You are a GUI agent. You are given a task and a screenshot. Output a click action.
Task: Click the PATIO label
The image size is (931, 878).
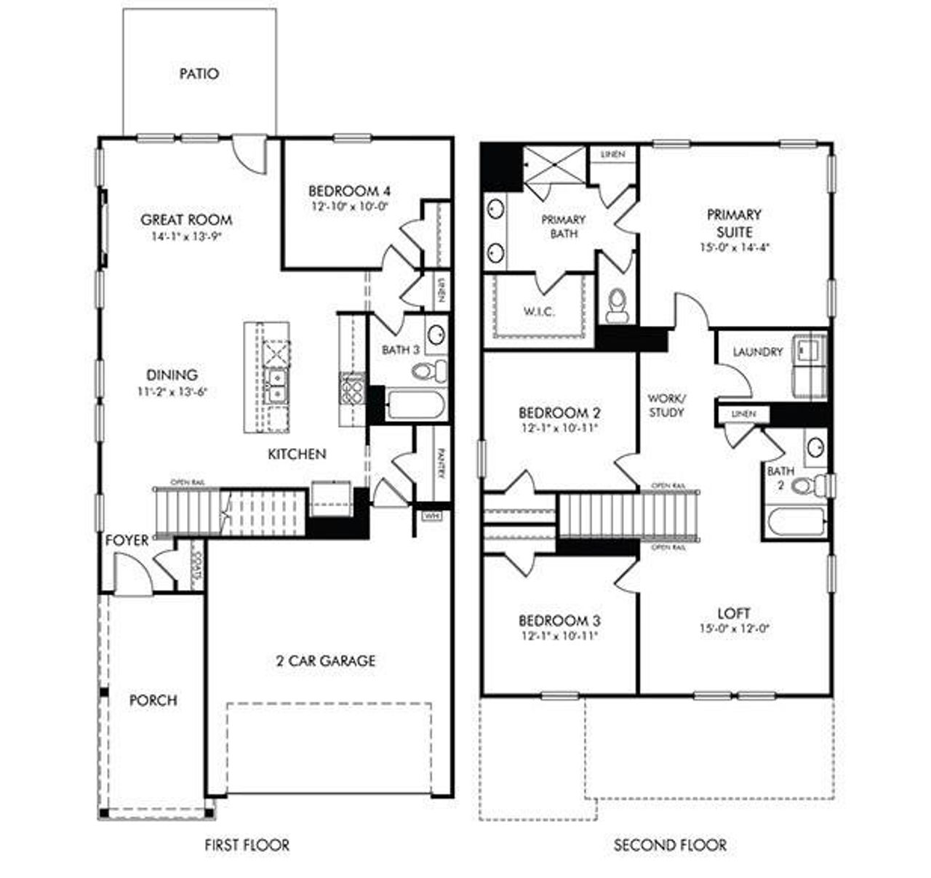click(x=199, y=73)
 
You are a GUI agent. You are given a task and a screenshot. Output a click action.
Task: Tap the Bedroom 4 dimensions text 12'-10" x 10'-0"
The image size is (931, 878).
click(x=349, y=206)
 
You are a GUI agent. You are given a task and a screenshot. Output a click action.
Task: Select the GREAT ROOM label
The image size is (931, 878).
click(x=186, y=220)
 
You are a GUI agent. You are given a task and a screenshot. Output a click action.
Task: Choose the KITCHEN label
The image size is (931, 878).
click(x=297, y=454)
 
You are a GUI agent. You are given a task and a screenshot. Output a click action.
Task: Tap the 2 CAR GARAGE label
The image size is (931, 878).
click(x=326, y=661)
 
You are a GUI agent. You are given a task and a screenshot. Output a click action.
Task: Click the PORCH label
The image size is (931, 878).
click(x=153, y=700)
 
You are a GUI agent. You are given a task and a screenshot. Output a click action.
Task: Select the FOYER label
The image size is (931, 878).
click(x=127, y=540)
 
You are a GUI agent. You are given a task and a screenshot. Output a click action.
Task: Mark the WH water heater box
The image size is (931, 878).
click(x=431, y=516)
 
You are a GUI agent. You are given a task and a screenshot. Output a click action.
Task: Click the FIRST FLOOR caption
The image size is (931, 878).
click(x=247, y=845)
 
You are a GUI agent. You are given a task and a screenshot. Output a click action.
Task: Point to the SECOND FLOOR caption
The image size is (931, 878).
click(x=670, y=845)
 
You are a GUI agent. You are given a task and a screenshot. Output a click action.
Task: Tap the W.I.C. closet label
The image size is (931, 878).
click(x=539, y=311)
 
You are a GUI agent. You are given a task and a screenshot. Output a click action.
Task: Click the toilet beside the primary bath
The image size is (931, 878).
click(x=617, y=305)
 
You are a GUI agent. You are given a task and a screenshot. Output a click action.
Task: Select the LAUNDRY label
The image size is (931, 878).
click(x=758, y=352)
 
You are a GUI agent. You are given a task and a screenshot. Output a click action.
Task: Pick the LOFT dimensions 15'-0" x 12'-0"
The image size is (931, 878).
click(x=733, y=628)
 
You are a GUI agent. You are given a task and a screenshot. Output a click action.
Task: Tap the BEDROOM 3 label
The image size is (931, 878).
click(x=559, y=620)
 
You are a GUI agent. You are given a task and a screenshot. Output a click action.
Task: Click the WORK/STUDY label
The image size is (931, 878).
click(x=666, y=405)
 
